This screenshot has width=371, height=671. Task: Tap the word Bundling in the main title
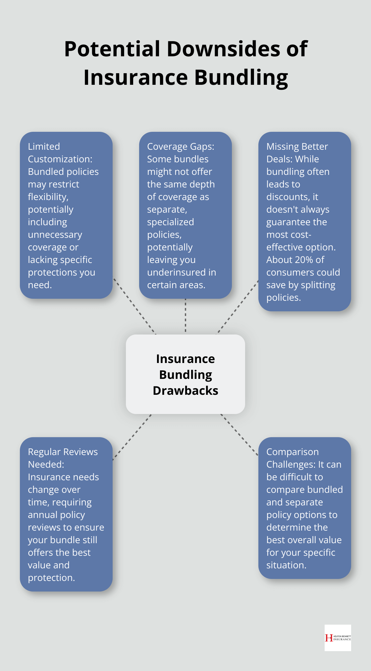(241, 77)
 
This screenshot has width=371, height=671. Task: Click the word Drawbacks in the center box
(185, 390)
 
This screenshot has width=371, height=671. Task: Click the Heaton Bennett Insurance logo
(338, 638)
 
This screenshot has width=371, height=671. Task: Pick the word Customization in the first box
(60, 159)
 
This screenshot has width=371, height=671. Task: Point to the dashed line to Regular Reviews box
(132, 437)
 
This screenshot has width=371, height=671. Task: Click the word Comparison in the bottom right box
(292, 452)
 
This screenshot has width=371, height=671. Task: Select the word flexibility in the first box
(48, 197)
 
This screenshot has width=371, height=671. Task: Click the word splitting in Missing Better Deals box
(318, 285)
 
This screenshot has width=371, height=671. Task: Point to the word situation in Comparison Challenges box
(286, 565)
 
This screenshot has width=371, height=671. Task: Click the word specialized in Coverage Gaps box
(170, 222)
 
